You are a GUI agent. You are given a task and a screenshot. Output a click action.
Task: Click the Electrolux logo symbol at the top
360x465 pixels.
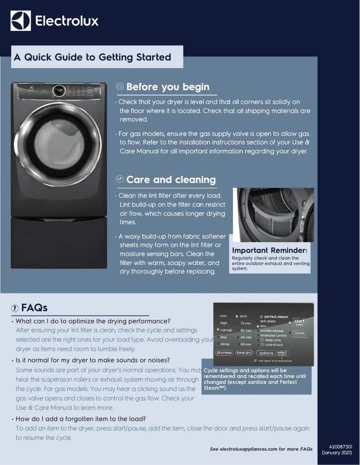click(21, 21)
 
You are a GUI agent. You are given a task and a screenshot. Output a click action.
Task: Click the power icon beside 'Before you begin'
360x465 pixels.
click(120, 87)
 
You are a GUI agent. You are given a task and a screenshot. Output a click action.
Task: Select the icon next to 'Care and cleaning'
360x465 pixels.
click(120, 179)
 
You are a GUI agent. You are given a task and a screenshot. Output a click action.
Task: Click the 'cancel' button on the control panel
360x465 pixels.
click(299, 333)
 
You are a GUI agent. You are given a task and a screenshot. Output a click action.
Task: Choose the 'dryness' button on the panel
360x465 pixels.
click(224, 352)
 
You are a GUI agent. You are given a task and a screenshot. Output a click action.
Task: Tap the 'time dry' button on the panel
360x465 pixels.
click(245, 352)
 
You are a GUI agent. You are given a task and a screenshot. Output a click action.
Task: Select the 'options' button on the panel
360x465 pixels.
click(266, 353)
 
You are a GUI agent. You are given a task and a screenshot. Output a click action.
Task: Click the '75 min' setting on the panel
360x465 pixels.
click(245, 323)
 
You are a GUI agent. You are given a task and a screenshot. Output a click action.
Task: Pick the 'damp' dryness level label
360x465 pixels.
click(224, 344)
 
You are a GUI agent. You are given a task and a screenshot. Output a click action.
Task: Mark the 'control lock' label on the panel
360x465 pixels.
click(274, 345)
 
